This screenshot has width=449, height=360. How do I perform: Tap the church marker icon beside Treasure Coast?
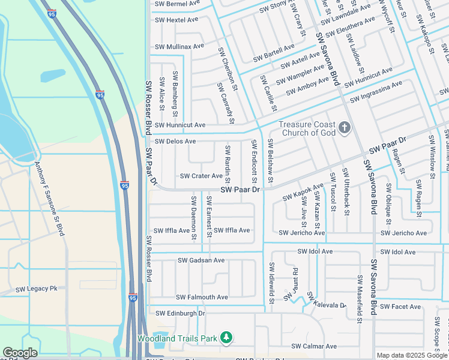pyautogui.click(x=344, y=127)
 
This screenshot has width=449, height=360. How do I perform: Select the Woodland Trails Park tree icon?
pyautogui.click(x=226, y=338)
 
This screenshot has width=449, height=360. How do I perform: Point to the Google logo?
pyautogui.click(x=20, y=353)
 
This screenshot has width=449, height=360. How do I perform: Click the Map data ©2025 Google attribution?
pyautogui.click(x=412, y=355)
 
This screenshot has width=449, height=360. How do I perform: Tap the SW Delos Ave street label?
pyautogui.click(x=175, y=142)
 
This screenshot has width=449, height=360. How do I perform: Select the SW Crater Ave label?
pyautogui.click(x=201, y=176)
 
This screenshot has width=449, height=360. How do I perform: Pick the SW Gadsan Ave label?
pyautogui.click(x=201, y=260)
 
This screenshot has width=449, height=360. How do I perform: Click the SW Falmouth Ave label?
pyautogui.click(x=202, y=297)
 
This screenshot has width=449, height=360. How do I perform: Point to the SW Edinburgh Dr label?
pyautogui.click(x=180, y=313)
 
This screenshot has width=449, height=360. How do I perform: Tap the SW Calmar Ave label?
pyautogui.click(x=314, y=346)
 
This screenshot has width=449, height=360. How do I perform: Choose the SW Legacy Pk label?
pyautogui.click(x=37, y=289)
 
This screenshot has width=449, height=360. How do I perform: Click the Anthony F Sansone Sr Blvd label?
pyautogui.click(x=49, y=199)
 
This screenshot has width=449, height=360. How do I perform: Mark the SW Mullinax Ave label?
pyautogui.click(x=179, y=46)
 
